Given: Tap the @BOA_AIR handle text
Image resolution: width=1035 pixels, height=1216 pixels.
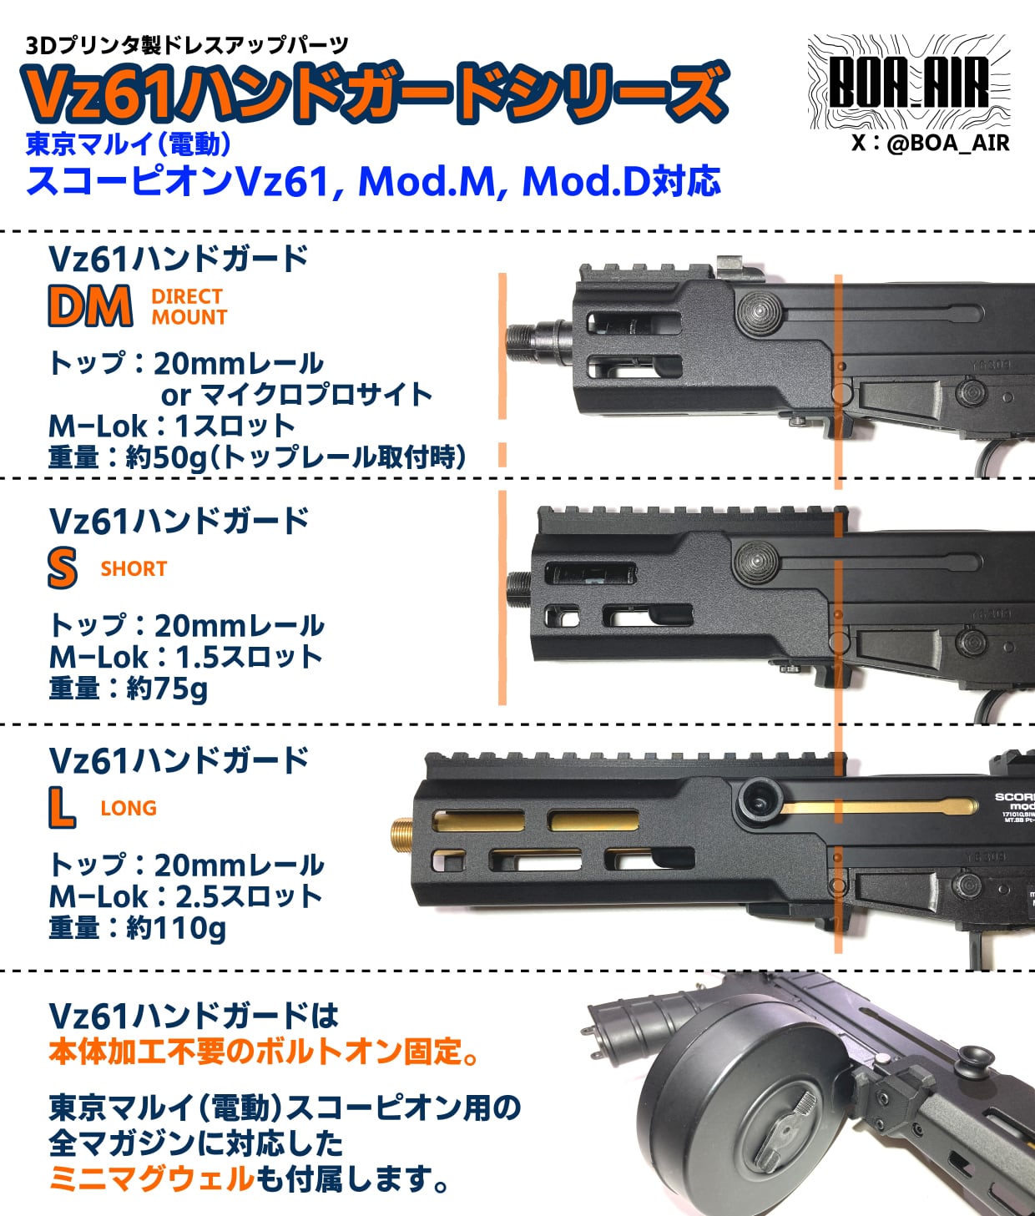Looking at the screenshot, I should (x=930, y=143).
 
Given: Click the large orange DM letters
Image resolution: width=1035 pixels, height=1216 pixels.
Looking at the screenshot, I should (x=90, y=306).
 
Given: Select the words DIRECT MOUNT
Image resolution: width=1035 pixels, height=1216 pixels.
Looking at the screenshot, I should (x=189, y=306).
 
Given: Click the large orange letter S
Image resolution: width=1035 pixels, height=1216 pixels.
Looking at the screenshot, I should (x=63, y=569).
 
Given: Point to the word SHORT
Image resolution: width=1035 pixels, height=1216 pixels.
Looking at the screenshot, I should (x=134, y=569).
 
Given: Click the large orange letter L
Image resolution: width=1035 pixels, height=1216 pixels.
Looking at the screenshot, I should (x=61, y=808).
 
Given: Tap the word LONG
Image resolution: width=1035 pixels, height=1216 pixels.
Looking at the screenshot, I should (x=129, y=808).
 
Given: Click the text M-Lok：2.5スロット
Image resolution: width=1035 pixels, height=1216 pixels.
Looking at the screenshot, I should (x=185, y=896).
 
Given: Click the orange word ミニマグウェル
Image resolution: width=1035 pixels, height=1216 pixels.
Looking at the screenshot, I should (x=151, y=1178).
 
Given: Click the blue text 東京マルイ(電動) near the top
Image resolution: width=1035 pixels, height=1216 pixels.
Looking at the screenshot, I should (x=129, y=144).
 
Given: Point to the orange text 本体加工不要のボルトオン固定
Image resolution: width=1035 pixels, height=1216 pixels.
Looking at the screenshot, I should (x=264, y=1052).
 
